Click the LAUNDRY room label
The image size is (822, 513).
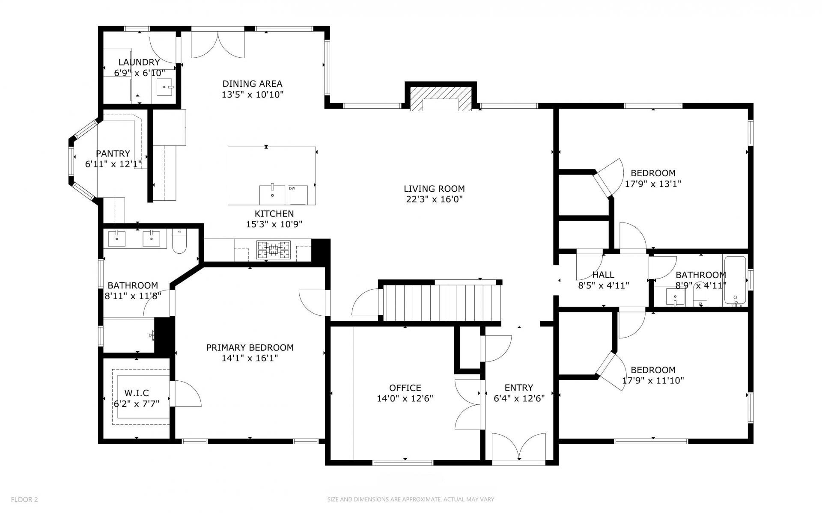point(139,62)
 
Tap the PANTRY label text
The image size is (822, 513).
point(113,153)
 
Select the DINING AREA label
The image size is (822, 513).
point(252,83)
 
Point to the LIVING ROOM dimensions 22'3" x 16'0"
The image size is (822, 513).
point(434,199)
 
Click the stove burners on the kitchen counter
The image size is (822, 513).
point(273,250)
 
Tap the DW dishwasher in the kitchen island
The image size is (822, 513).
point(298,195)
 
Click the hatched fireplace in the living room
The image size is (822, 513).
point(441,99)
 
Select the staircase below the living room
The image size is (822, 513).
point(441,303)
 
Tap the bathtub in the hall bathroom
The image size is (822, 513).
point(735,281)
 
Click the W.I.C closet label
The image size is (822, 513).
point(137,393)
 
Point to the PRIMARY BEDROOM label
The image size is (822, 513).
point(250,347)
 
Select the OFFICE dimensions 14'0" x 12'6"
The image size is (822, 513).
point(405,398)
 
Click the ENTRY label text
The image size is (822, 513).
point(519,388)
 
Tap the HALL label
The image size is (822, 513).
point(603,275)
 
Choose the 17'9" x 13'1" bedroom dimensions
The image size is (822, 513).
point(653,184)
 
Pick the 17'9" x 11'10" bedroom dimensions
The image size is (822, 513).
point(653,380)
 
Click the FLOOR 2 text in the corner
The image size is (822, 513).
point(24,499)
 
